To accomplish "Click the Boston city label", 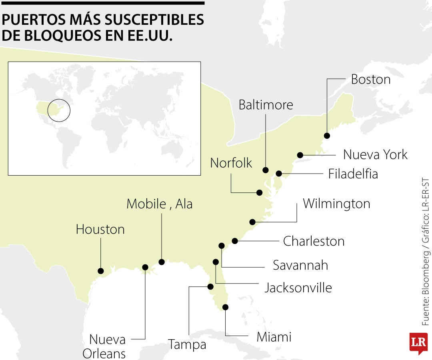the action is (x=370, y=80).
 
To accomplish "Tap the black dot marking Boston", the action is (x=327, y=136).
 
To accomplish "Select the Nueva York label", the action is (x=375, y=154).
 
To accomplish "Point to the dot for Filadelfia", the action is (x=279, y=174).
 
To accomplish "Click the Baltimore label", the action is (x=266, y=105).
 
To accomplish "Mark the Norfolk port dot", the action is (x=259, y=192).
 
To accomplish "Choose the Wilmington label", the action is (x=336, y=204).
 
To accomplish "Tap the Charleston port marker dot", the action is (x=235, y=241).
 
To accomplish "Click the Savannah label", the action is (x=300, y=265).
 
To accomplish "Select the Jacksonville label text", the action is (x=298, y=288).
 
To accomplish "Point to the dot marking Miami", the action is (x=225, y=307).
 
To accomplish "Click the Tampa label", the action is (x=187, y=344).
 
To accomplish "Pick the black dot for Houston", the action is (x=100, y=270).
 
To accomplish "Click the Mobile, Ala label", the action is (x=159, y=204).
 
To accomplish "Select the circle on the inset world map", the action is (x=59, y=110).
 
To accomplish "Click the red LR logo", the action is (x=418, y=343).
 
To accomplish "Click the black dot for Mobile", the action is (x=162, y=262).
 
